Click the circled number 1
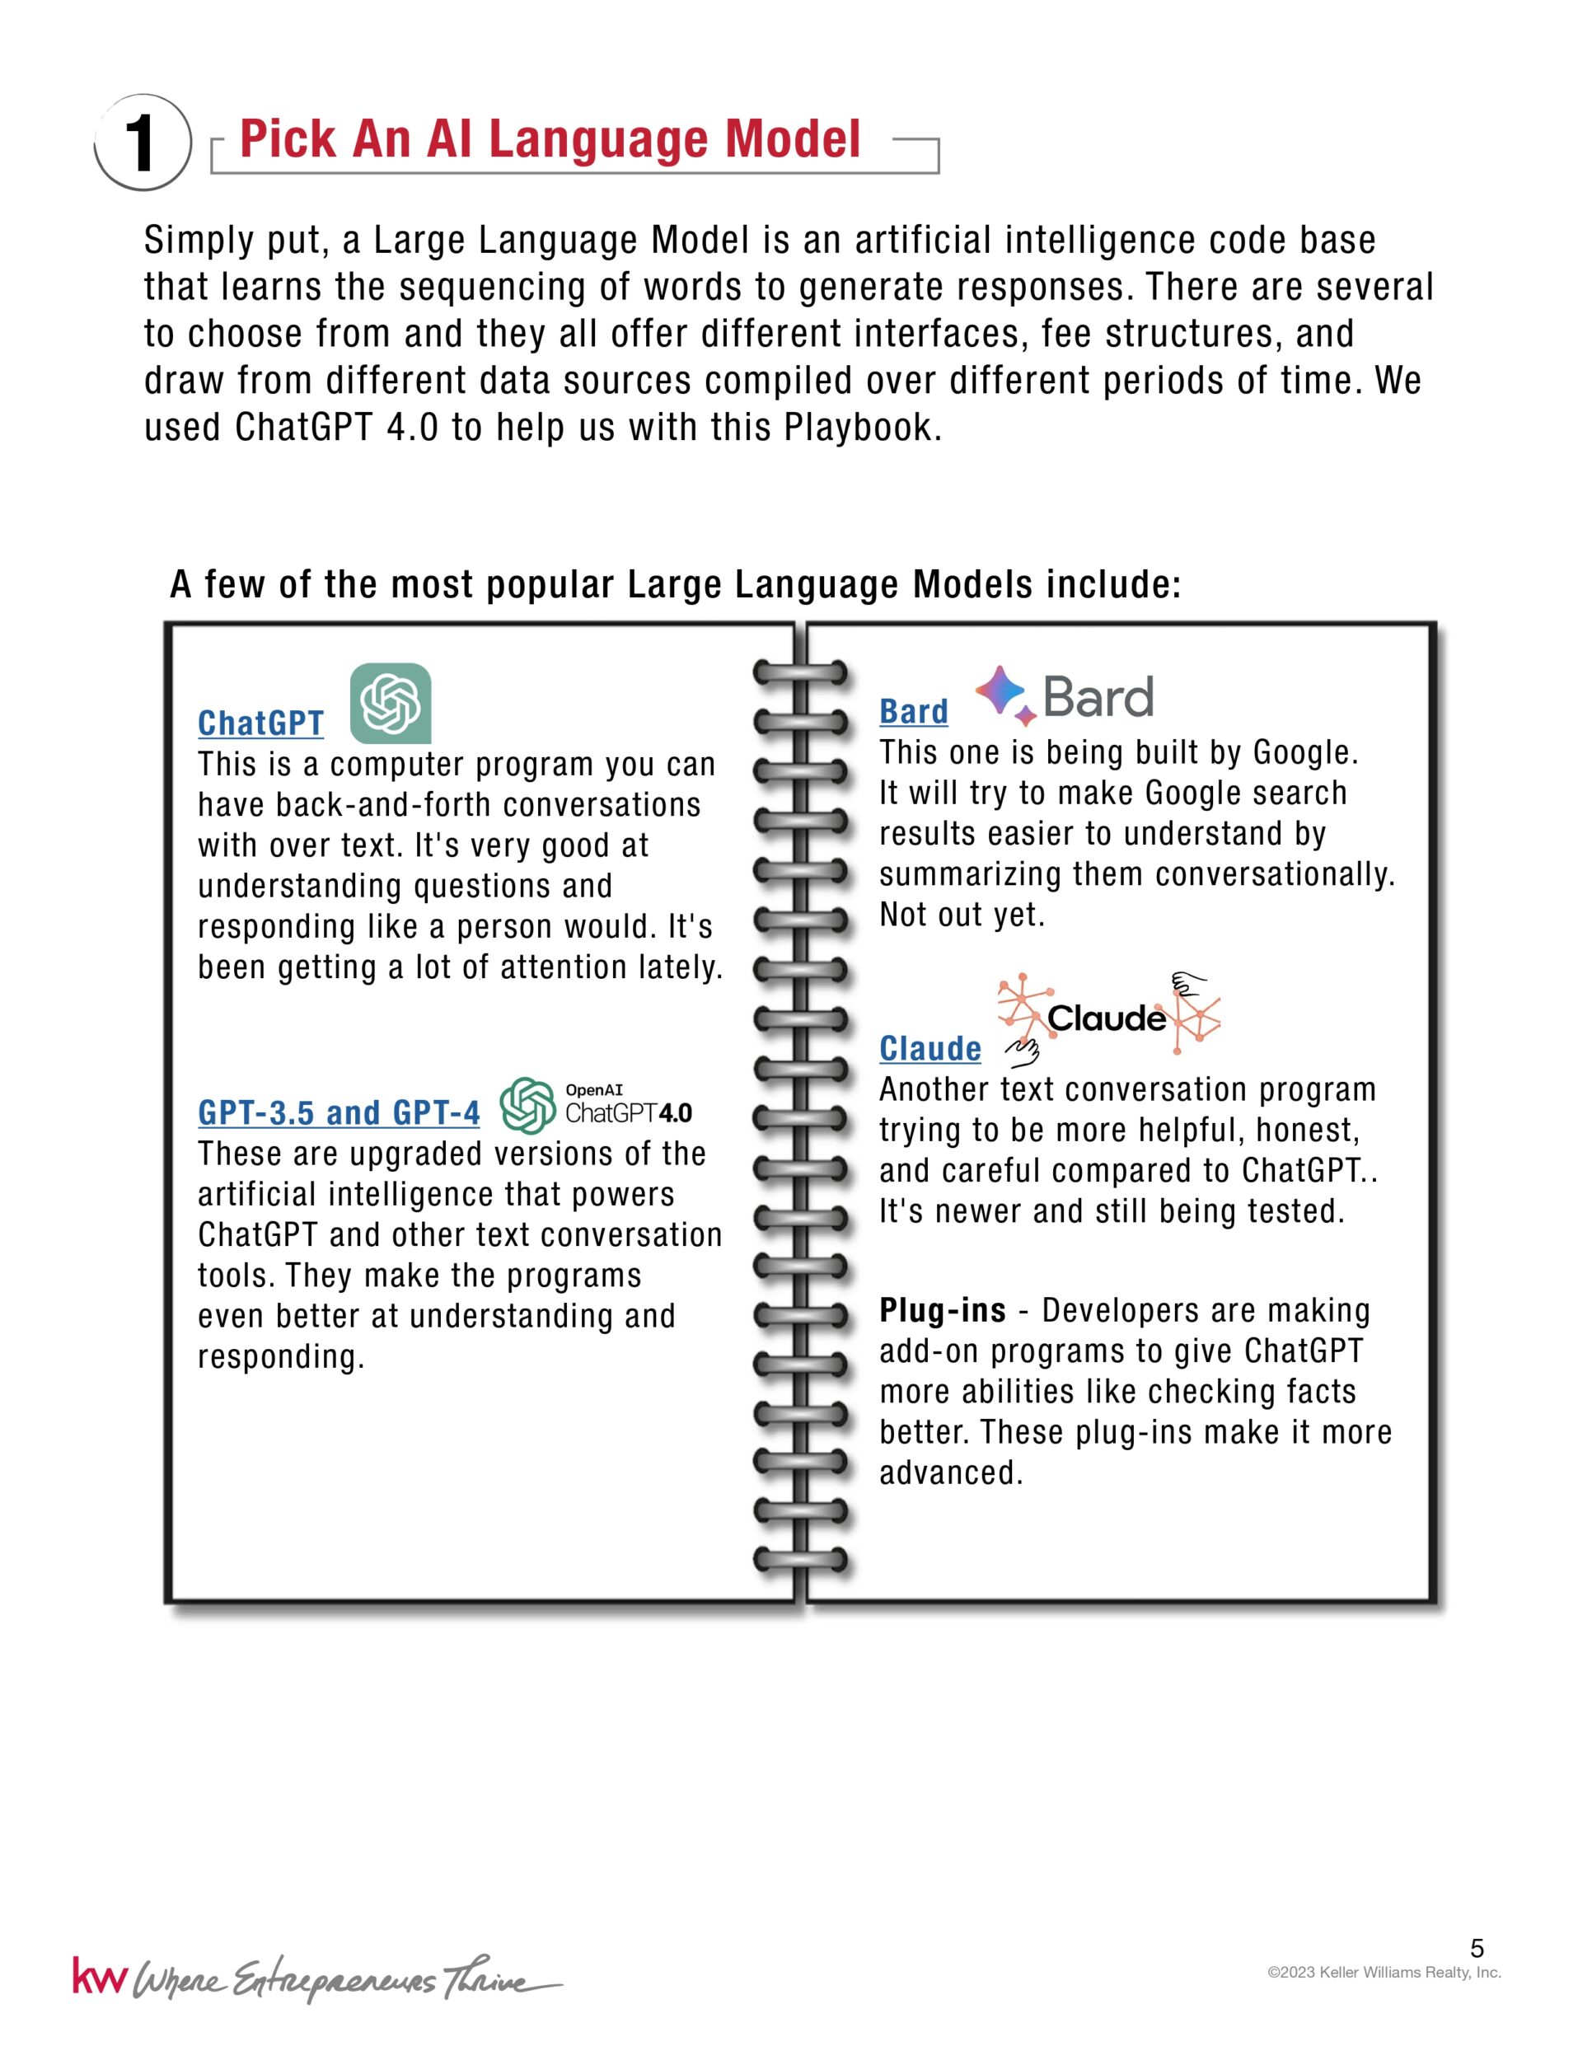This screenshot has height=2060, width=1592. pos(142,143)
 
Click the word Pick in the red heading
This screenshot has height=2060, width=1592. pos(288,138)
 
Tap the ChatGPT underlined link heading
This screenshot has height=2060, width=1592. pos(260,723)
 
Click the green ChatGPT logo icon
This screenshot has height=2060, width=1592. pos(391,703)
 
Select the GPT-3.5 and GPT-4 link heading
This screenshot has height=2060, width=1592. pos(339,1113)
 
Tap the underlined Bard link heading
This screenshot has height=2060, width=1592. pos(913,711)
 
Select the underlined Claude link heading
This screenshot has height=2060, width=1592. pos(930,1048)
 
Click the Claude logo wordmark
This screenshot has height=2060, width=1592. pos(1107,1018)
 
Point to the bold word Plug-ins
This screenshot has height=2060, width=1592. pos(942,1310)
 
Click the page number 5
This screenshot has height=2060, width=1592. pos(1477,1948)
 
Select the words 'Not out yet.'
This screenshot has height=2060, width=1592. pos(962,915)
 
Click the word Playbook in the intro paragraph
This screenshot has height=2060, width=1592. pos(862,428)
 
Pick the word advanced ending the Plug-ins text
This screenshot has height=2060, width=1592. pos(950,1472)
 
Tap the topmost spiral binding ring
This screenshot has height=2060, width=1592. pos(800,673)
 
